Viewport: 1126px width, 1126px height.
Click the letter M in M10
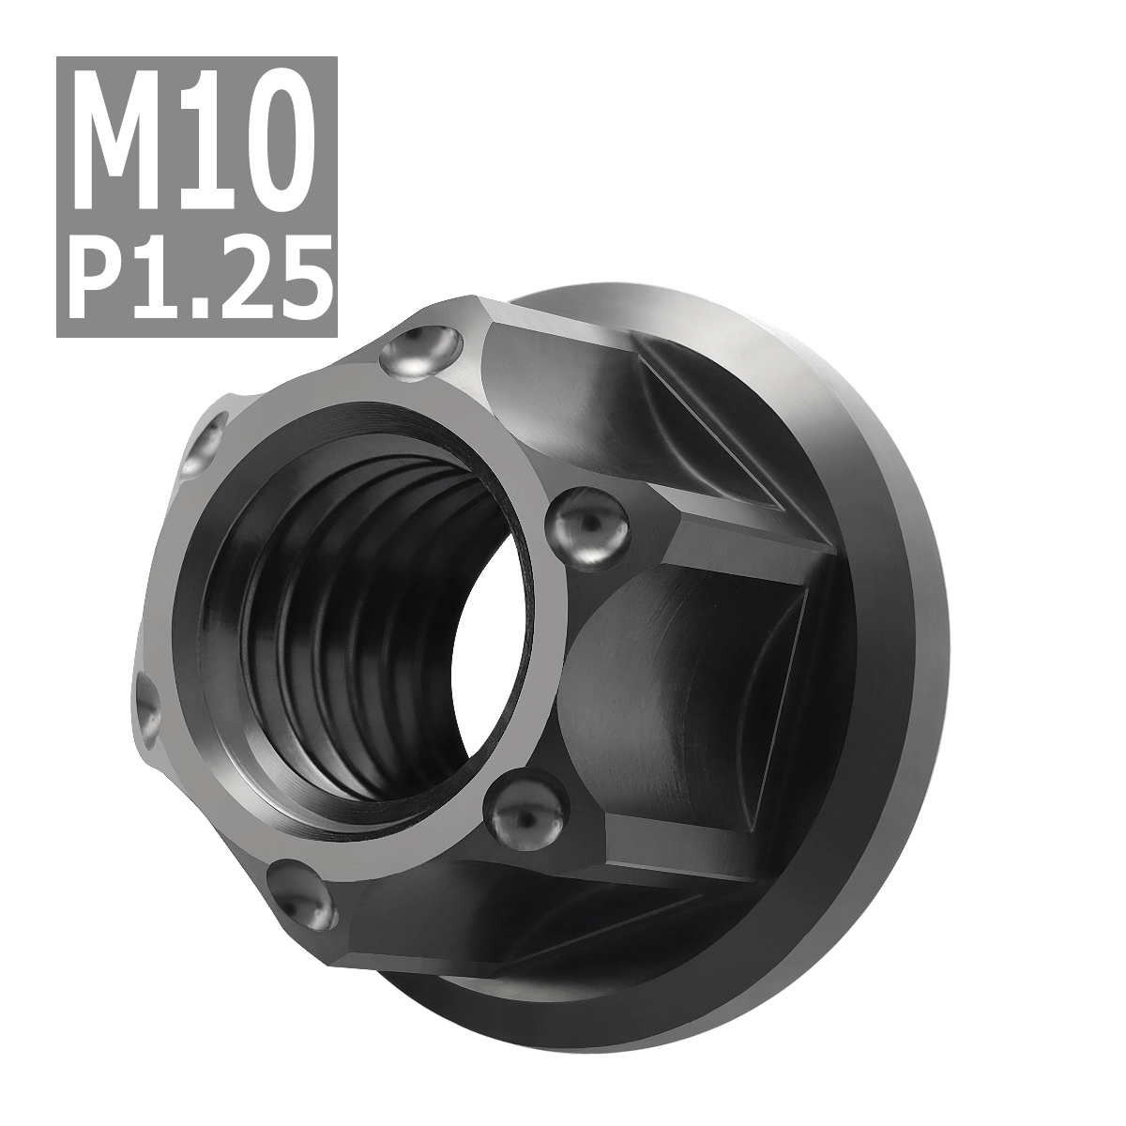125,131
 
